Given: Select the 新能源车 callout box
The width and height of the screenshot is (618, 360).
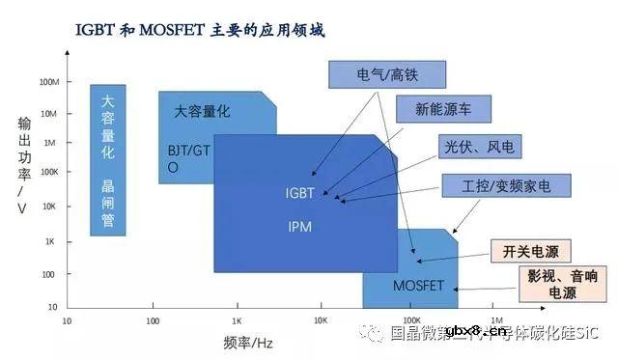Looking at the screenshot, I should click(442, 109).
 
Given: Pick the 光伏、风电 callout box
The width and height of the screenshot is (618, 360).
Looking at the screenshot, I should click(479, 147).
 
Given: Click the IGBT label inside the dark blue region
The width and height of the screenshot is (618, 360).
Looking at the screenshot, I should click(300, 193).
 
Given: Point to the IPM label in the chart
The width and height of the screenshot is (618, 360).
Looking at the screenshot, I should click(300, 229).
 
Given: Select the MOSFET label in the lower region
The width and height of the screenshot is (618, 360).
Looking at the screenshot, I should click(417, 286).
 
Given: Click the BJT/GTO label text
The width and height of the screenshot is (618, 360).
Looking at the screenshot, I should click(187, 157).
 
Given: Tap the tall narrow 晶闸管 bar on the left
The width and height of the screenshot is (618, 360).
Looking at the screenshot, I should click(108, 159).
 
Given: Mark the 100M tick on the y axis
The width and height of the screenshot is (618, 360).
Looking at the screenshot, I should click(48, 81).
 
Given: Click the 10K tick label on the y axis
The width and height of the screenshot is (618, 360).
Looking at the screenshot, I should click(50, 207).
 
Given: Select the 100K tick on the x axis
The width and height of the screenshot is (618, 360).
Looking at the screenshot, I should click(411, 319).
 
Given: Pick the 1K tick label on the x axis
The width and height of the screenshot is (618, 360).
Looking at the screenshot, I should click(237, 319).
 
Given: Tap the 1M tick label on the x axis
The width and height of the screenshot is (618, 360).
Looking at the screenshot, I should click(496, 319).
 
